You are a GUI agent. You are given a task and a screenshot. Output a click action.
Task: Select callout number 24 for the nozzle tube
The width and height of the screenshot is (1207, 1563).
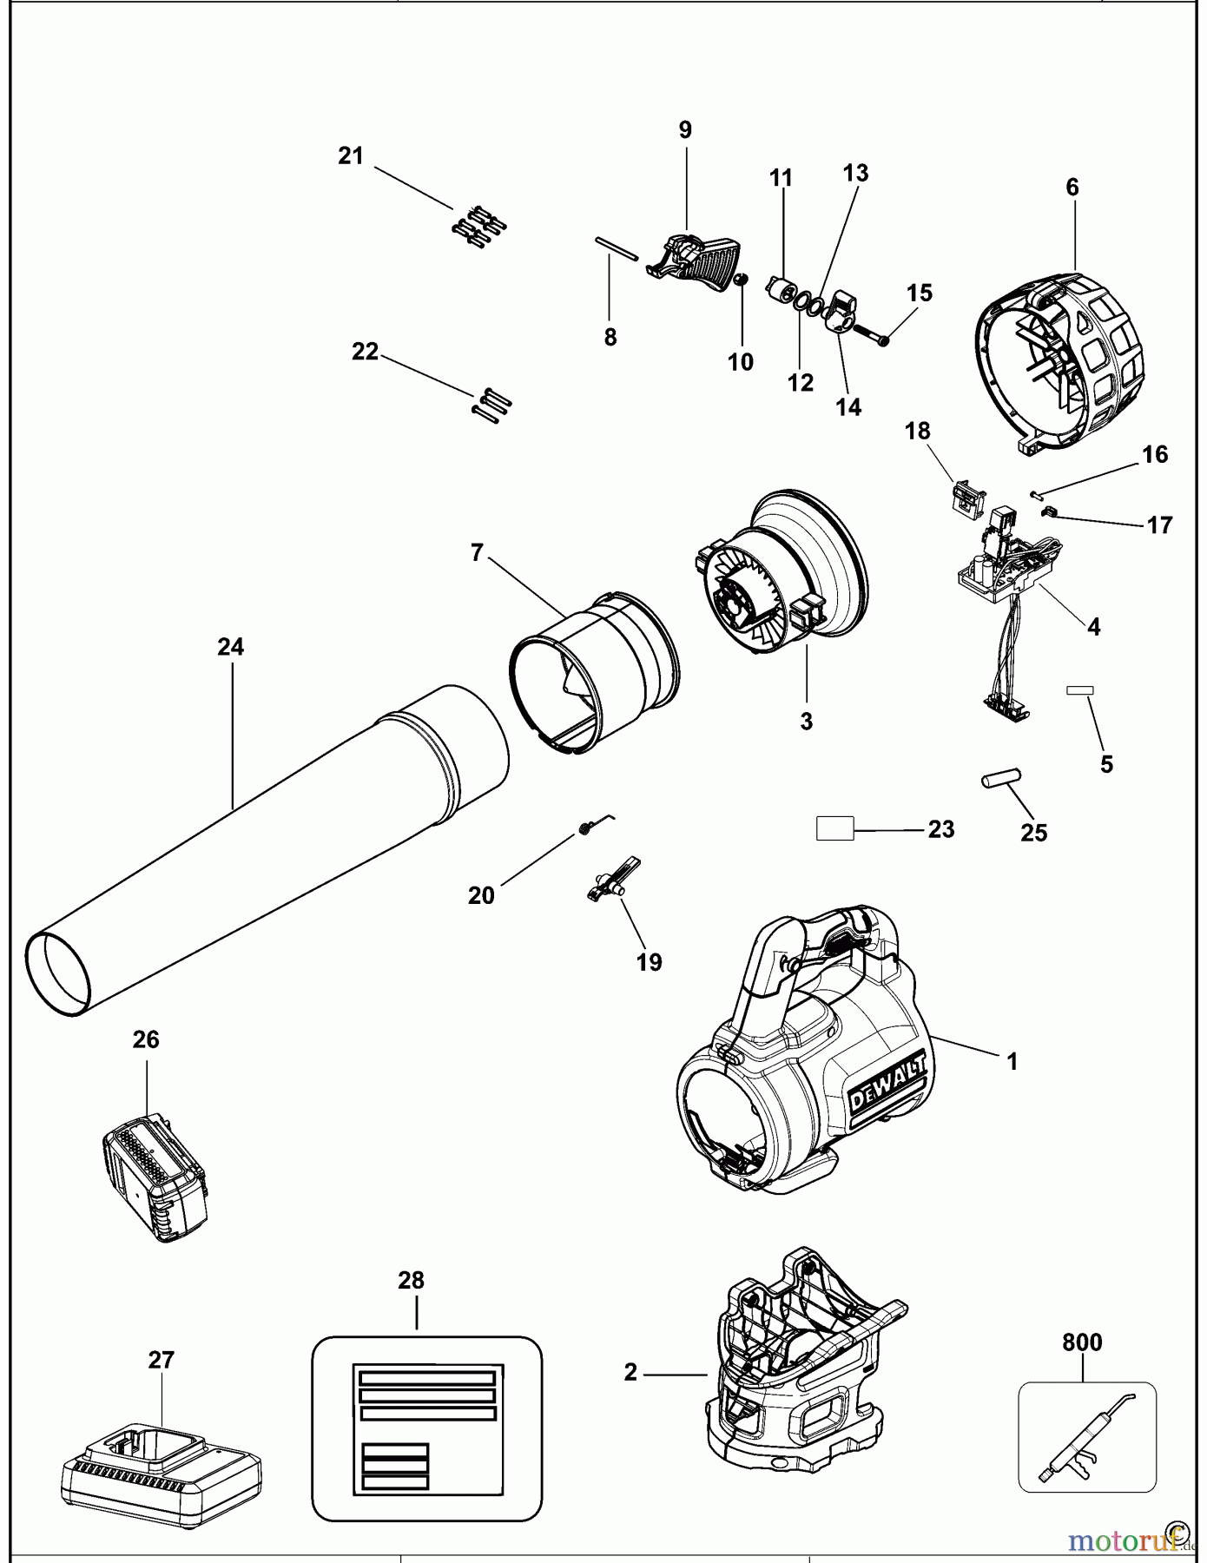tap(230, 647)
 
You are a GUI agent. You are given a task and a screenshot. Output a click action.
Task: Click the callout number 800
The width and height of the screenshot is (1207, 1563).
tap(1082, 1342)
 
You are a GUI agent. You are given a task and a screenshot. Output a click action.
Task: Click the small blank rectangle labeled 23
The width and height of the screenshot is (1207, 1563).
tap(835, 828)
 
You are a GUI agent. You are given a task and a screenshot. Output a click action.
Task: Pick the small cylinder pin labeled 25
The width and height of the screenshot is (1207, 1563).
tap(1001, 779)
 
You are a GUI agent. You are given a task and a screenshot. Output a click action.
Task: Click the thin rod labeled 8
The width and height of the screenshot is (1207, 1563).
tap(617, 247)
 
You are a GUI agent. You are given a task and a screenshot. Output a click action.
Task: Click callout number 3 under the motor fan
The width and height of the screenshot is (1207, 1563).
tap(806, 721)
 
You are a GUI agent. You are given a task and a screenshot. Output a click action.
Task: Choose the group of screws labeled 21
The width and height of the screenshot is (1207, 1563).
tap(478, 227)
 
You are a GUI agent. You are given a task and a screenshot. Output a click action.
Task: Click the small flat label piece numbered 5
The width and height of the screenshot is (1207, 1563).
tap(1080, 690)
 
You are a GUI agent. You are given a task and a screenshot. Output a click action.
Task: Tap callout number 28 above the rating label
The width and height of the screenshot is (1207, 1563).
tap(411, 1280)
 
